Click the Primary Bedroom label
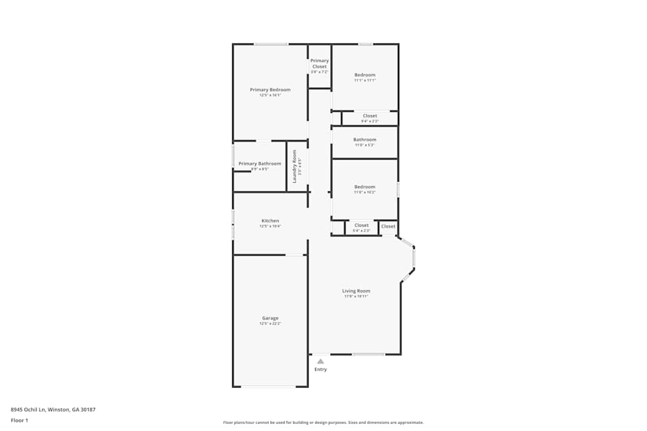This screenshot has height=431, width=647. coord(270,90)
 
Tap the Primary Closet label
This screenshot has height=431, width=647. coord(320,63)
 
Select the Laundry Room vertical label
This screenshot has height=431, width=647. coord(294,166)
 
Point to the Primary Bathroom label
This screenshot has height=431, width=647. coord(259,163)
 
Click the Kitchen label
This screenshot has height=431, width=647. coord(270,221)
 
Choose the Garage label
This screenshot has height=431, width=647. coord(270,318)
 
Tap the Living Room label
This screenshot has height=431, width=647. coord(356,291)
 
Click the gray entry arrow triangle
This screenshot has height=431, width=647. coord(320,361)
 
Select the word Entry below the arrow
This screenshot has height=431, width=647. coord(320,370)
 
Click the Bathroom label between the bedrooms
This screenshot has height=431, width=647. coord(364,140)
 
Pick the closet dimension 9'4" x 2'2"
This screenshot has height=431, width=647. coord(369,121)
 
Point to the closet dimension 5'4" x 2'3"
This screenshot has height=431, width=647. coord(361,231)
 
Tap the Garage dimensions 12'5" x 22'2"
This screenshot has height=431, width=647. coord(270,323)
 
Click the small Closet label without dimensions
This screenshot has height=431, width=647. coord(388,226)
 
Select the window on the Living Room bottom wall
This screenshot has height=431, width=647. coord(368,354)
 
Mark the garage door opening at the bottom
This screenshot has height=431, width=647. coord(269,386)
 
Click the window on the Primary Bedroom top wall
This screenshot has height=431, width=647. coord(270,44)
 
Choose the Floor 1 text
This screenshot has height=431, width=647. coord(19,420)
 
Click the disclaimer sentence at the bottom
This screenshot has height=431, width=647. coord(323,423)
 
